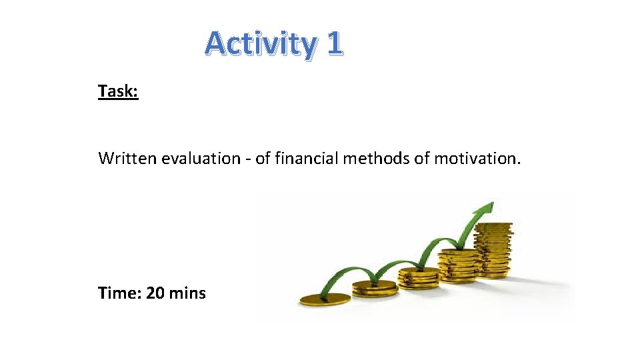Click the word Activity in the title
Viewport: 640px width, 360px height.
tap(261, 43)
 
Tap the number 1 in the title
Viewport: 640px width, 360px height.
tap(334, 43)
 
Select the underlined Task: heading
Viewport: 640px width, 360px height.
tap(118, 91)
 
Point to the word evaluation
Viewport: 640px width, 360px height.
tap(199, 159)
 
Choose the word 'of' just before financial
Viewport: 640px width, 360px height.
tap(263, 159)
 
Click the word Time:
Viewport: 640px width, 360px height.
tap(119, 293)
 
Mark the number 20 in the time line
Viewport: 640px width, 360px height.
tap(155, 293)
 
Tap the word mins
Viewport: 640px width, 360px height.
tap(187, 293)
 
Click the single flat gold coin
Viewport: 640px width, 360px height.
tap(325, 299)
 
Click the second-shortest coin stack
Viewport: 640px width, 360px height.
tap(374, 289)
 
